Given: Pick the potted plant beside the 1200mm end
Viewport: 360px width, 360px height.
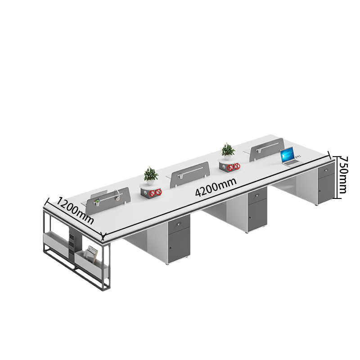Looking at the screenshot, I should tap(150, 174).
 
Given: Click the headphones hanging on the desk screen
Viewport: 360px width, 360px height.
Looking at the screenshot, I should tap(117, 196).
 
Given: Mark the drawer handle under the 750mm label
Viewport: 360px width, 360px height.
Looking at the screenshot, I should tap(325, 171).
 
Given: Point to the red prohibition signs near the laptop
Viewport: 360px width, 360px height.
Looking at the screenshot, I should tap(234, 167).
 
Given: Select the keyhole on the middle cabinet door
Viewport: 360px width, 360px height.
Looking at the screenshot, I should tap(250, 219).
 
